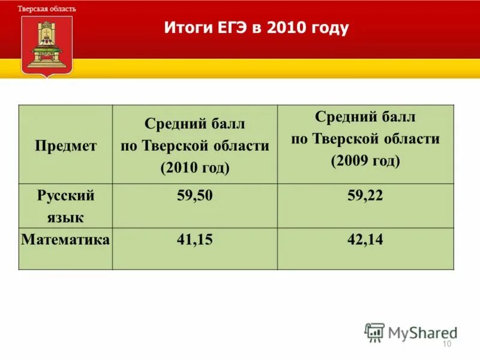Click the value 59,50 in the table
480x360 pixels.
click(194, 196)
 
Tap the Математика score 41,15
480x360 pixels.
click(194, 240)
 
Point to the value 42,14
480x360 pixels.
click(365, 240)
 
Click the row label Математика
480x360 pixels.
click(65, 240)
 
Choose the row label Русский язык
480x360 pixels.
click(65, 206)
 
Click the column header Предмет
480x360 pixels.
click(65, 146)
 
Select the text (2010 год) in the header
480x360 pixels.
click(194, 167)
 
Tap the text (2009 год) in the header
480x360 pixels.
click(365, 160)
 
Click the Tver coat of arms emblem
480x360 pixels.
click(47, 44)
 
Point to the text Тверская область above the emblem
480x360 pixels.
click(47, 10)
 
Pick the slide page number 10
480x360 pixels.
click(446, 343)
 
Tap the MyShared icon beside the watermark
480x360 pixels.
click(374, 332)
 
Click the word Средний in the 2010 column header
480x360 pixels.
click(172, 124)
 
